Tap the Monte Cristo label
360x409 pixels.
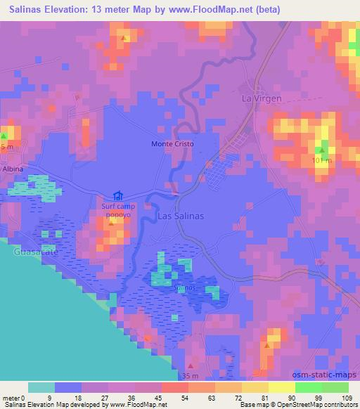click(172, 144)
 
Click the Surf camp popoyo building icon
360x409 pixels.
click(117, 196)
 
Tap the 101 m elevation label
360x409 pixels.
click(321, 161)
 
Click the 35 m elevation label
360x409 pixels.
click(191, 375)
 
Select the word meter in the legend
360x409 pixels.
click(11, 398)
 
